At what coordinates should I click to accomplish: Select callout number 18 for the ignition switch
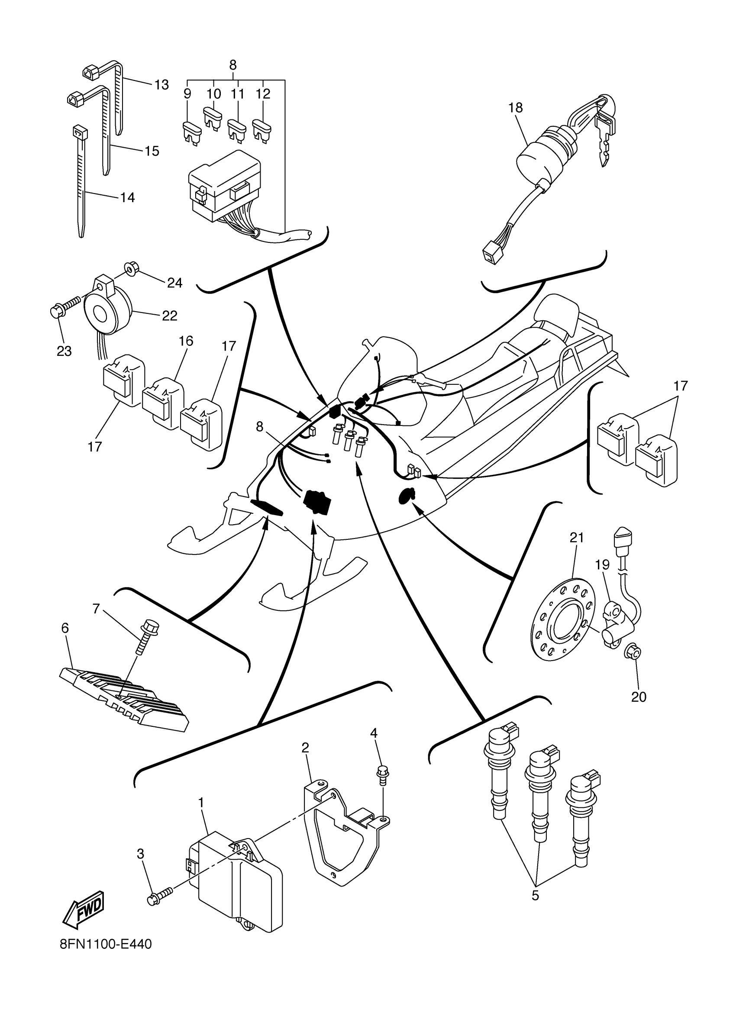coord(515,108)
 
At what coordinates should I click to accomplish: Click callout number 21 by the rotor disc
coord(577,538)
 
